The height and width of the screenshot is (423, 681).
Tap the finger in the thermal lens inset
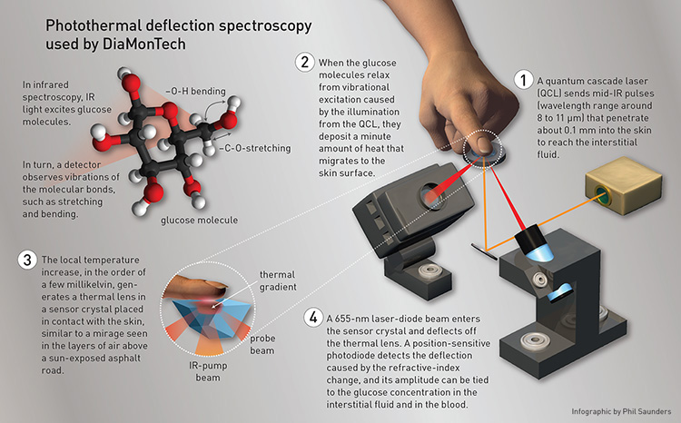click(192, 289)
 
